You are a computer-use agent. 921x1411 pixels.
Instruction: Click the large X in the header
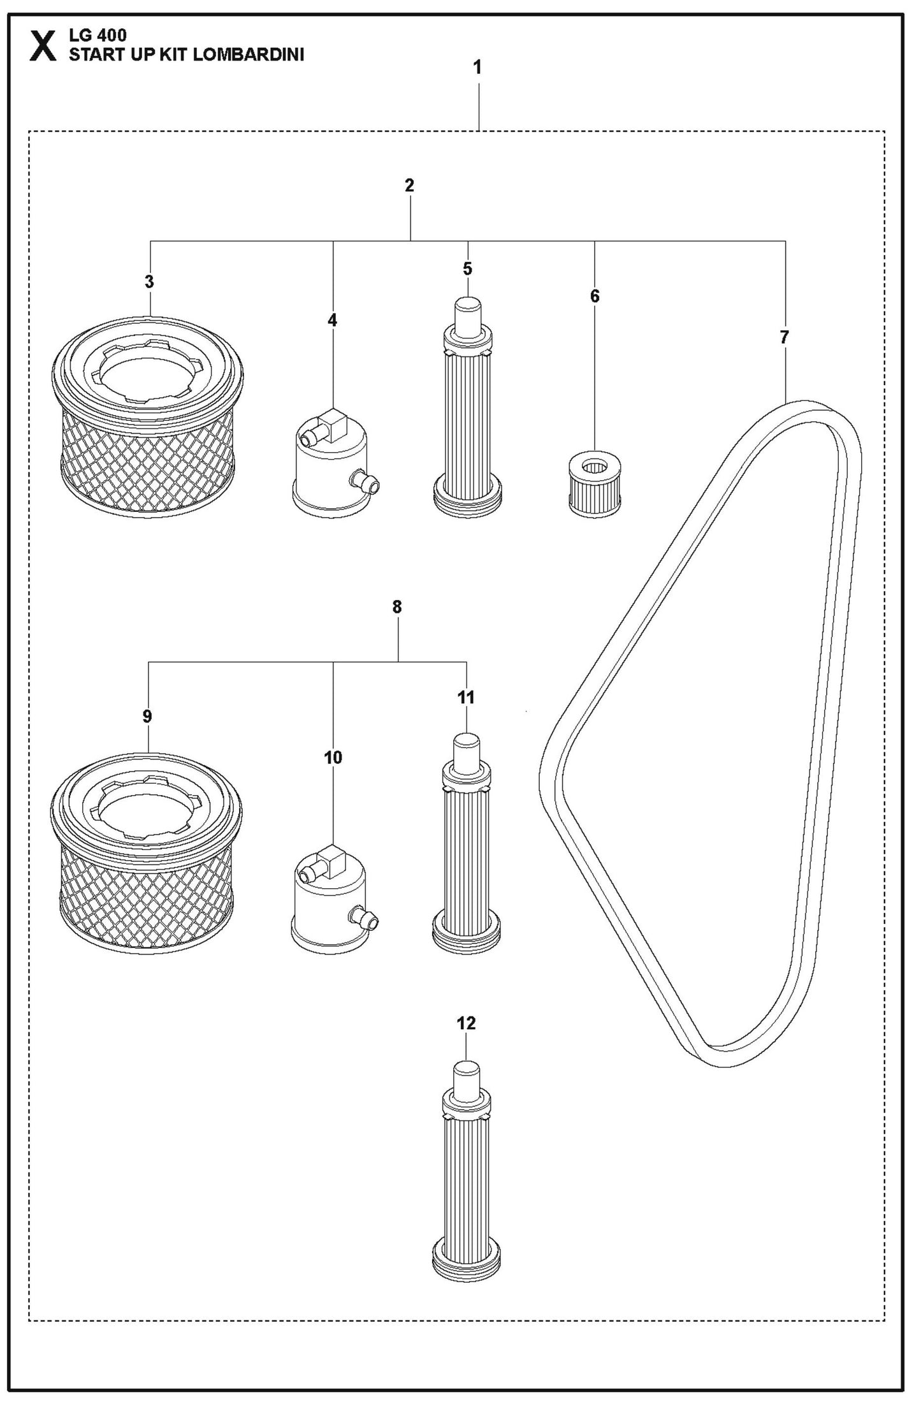(43, 47)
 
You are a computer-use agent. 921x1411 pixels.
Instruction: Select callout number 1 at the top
(477, 67)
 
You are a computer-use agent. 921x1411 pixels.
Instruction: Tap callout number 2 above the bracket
(409, 186)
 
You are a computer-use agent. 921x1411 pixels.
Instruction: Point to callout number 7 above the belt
(784, 337)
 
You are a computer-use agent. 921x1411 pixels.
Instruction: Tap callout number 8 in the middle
(397, 607)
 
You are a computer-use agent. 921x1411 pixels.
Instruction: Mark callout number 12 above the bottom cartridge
(466, 1023)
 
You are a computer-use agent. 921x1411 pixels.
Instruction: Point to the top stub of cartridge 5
(467, 312)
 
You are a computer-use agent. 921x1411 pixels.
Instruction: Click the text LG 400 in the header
(98, 36)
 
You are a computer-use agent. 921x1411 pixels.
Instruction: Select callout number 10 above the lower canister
(333, 757)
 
